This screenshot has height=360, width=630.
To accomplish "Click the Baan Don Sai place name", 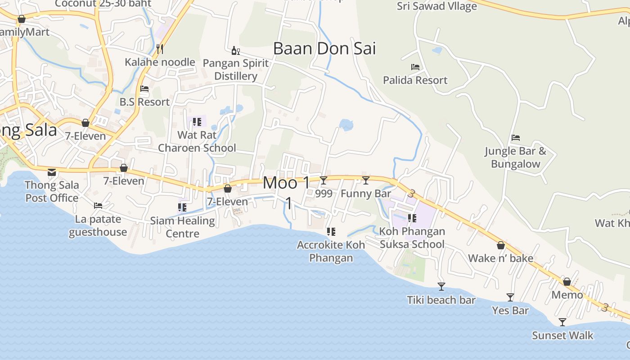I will (324, 49).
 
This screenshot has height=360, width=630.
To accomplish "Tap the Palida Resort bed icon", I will (415, 67).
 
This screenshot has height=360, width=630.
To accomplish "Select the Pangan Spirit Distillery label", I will (235, 70).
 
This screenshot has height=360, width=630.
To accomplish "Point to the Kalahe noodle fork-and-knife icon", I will (159, 48).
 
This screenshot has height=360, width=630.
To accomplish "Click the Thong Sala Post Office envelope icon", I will (52, 172).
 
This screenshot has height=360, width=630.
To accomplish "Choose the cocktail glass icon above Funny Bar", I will (366, 180).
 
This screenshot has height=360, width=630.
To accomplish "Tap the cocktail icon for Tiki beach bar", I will (441, 287).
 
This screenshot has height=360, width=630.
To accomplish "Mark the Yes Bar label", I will (510, 310).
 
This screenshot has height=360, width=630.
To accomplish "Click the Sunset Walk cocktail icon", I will (562, 322).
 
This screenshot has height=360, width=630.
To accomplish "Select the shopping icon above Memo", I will (567, 282).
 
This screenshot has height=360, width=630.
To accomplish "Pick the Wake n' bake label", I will (500, 258).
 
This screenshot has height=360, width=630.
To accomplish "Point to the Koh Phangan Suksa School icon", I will (412, 218).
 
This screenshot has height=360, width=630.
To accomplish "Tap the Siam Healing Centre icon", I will (182, 207).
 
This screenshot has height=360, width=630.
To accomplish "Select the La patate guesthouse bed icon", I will (98, 206).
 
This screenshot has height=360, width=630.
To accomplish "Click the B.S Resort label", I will (144, 102).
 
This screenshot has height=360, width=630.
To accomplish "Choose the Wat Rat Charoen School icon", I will (197, 122).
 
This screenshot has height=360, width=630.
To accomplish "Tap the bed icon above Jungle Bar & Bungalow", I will (516, 138).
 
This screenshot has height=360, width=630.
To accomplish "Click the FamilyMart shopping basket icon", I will (21, 19).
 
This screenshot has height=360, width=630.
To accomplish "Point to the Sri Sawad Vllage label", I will (436, 6).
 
